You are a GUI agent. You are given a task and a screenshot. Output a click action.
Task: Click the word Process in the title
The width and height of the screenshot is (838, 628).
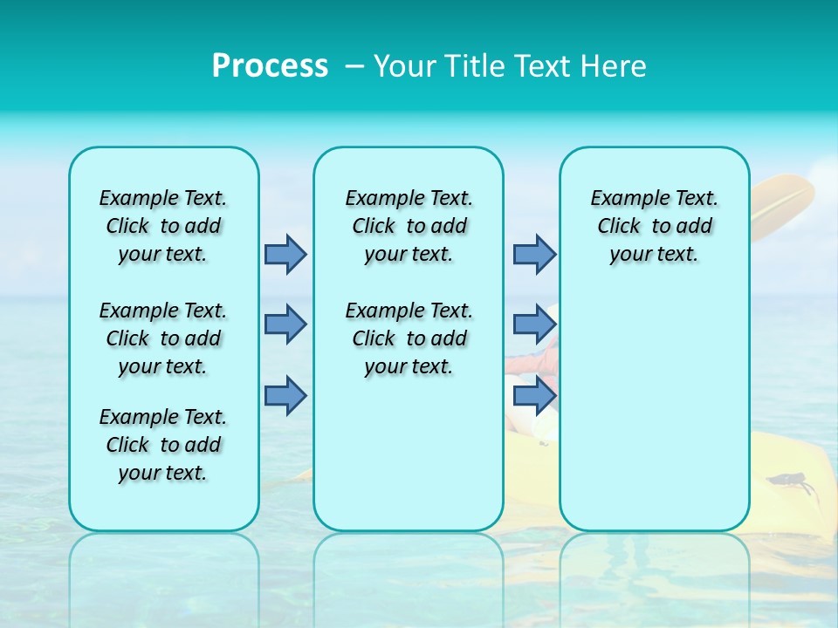[x=270, y=66]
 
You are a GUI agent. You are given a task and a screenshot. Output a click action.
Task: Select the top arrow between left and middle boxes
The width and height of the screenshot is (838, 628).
[x=285, y=255]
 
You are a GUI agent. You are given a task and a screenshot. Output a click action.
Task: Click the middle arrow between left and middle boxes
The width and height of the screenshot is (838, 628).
[x=285, y=324]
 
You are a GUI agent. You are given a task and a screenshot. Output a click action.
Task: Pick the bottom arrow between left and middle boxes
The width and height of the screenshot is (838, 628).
[x=285, y=396]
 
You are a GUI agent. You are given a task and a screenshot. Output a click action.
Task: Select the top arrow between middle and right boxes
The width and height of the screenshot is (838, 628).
[x=533, y=255]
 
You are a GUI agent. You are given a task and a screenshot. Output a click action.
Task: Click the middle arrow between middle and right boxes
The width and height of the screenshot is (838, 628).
[x=533, y=324]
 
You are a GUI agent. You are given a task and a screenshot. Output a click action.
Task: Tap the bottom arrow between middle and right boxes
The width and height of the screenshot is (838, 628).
[x=533, y=396]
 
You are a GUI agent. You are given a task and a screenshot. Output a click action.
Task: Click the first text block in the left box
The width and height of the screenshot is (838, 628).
[x=163, y=226]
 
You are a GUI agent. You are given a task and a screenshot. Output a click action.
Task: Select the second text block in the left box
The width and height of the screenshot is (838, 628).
[x=163, y=338]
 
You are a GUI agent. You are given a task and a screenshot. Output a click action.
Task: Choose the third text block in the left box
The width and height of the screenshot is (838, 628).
[x=163, y=445]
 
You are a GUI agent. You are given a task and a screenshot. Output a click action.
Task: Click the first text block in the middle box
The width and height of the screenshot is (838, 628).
[x=409, y=226]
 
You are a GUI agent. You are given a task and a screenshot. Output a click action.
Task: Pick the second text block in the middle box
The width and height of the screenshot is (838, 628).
[x=409, y=338]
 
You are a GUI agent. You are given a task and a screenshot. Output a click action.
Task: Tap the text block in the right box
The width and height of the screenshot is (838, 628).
[x=654, y=226]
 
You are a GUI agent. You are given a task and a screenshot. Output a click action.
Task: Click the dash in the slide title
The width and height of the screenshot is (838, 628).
[x=354, y=66]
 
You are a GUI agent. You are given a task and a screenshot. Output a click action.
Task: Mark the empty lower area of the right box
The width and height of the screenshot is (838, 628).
[x=654, y=410]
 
